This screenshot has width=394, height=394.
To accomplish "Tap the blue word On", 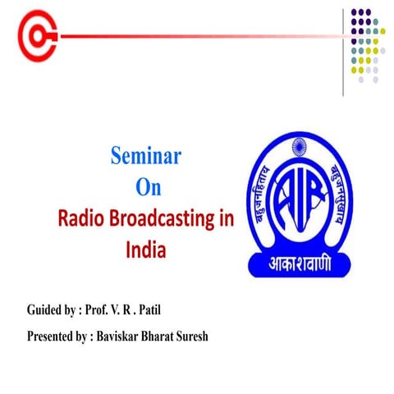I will tap(149, 186).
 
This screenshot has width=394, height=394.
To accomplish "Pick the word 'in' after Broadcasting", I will tap(234, 218).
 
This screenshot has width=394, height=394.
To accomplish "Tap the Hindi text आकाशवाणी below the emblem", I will tap(302, 265).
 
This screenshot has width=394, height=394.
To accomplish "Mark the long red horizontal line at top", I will tap(197, 36).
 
